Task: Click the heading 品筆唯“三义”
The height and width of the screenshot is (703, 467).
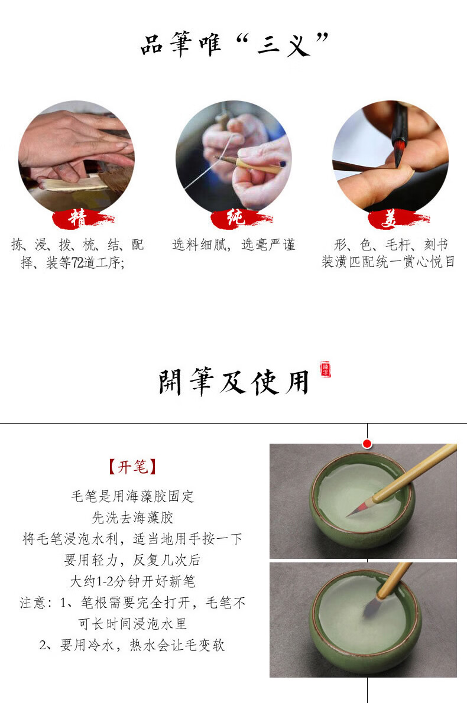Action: click(x=234, y=44)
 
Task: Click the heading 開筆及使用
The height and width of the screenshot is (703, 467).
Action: click(x=234, y=382)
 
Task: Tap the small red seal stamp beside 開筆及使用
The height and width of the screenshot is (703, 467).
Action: click(x=325, y=370)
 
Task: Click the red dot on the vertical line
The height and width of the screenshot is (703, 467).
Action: click(x=367, y=444)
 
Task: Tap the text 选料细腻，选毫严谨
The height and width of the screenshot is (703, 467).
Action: click(x=234, y=245)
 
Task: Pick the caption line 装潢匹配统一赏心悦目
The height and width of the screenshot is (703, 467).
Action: click(x=388, y=262)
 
